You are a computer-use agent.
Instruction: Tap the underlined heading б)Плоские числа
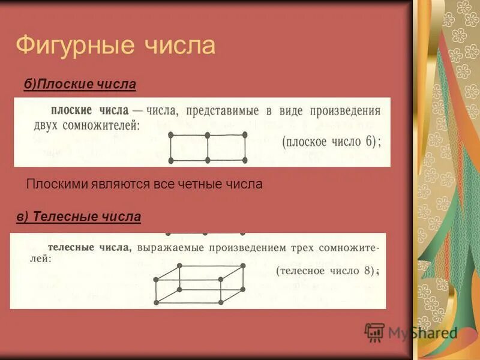[80, 85]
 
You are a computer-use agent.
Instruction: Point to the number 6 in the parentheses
[367, 142]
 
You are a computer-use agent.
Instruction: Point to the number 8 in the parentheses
[368, 271]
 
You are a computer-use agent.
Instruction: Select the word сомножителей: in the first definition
[100, 126]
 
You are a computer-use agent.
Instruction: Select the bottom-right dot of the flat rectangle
[245, 160]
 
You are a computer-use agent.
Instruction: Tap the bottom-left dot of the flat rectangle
[170, 160]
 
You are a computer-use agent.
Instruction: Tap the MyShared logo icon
[374, 332]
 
